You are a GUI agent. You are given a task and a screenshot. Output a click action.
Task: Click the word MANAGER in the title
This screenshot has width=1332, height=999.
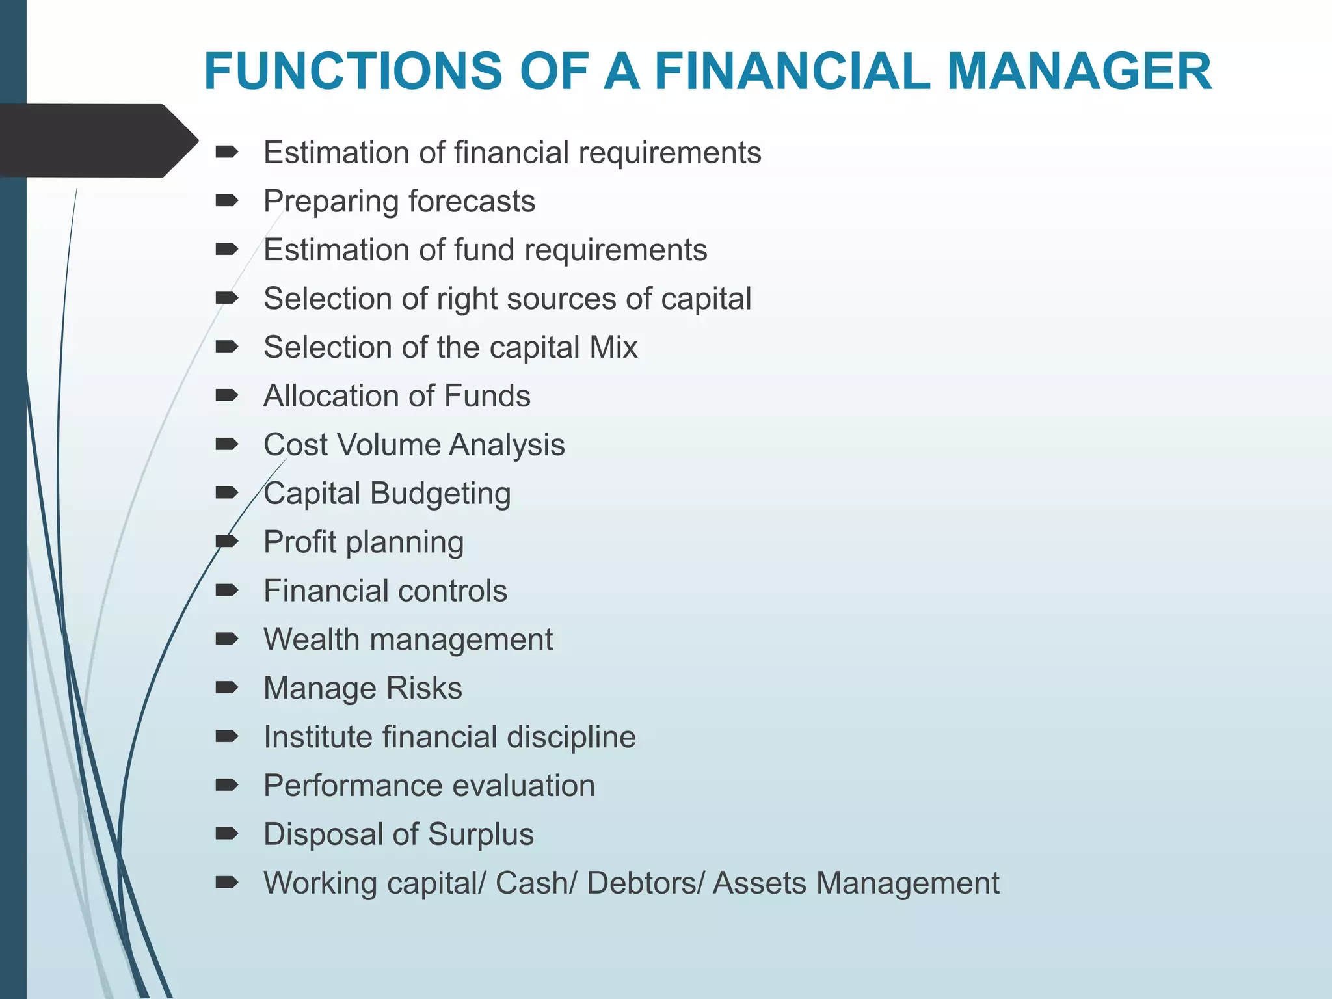point(1079,71)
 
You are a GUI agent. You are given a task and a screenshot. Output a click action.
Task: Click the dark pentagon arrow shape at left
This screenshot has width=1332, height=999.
point(98,140)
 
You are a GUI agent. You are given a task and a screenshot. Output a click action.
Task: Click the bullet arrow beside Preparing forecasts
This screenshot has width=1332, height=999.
point(227,201)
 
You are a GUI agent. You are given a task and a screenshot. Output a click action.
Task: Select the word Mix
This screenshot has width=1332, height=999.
point(613,347)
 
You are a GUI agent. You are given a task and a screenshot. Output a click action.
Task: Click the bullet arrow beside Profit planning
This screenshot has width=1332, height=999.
point(227,541)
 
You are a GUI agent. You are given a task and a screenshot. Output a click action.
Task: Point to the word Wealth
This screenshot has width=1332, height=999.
point(311,639)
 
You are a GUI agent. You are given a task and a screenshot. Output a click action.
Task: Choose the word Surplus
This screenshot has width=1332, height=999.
point(481,834)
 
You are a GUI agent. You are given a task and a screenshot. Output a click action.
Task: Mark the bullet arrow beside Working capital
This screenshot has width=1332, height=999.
point(227,883)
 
